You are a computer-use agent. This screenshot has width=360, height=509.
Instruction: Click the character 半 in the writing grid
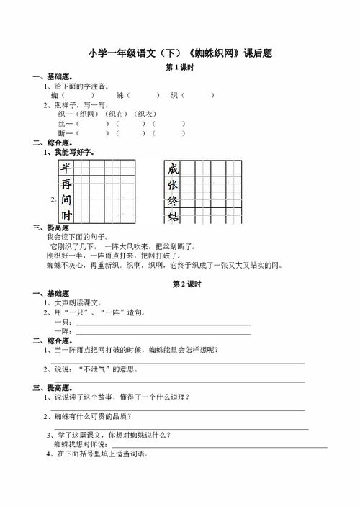(x=66, y=168)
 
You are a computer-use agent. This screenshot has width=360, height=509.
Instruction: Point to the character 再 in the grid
(x=66, y=184)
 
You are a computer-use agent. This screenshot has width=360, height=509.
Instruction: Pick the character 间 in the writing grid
(x=66, y=200)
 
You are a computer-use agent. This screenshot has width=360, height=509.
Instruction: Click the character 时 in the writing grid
(x=66, y=216)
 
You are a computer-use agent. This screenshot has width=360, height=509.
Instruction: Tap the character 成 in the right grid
(x=173, y=169)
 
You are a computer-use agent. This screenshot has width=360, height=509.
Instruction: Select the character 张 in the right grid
(x=173, y=185)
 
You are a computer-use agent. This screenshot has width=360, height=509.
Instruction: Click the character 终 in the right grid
(x=173, y=201)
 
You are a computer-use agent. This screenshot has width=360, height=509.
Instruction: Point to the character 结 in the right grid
(x=173, y=217)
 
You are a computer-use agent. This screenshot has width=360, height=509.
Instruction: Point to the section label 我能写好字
(x=71, y=152)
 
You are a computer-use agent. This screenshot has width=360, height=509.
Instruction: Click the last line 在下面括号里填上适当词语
(x=101, y=454)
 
